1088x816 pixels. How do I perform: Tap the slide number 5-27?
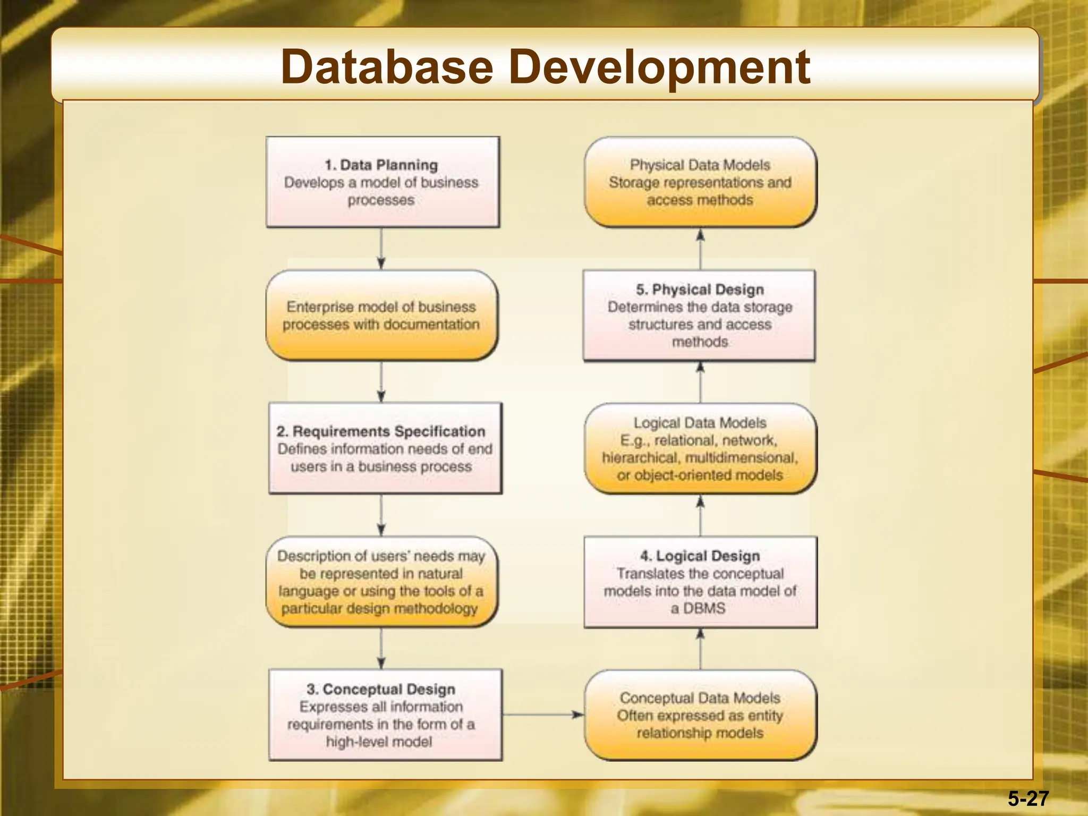(1028, 798)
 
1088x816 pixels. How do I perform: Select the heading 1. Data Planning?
(381, 165)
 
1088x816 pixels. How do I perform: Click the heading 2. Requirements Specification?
(381, 431)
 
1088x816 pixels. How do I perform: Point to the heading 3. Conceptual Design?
(381, 689)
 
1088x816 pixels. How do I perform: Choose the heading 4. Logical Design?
(700, 556)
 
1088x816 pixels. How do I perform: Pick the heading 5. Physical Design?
(700, 290)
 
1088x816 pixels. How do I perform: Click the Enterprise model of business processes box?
(381, 316)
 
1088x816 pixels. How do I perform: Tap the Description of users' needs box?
(381, 582)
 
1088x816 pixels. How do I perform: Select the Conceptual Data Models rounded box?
(700, 715)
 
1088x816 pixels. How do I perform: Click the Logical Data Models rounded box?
(700, 449)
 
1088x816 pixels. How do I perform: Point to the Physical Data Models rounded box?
(700, 182)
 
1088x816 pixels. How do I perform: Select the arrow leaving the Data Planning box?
(381, 249)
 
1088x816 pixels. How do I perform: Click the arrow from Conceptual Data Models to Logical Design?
(700, 649)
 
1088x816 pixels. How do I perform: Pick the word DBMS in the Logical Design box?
(704, 608)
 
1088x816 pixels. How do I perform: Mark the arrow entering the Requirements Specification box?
(381, 382)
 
